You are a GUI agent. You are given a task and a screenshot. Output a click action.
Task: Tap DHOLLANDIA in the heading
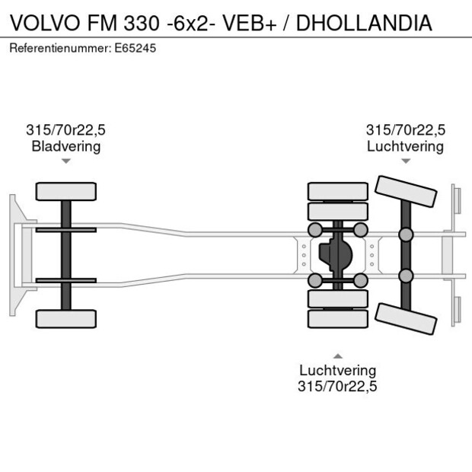click(363, 22)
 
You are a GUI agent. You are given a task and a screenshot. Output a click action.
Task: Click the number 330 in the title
click(140, 22)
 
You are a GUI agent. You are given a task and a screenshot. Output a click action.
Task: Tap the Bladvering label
click(66, 146)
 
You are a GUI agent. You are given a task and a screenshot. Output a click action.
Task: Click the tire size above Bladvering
click(66, 130)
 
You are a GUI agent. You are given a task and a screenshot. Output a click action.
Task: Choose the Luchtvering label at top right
click(405, 146)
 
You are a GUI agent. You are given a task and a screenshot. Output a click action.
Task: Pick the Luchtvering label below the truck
click(337, 371)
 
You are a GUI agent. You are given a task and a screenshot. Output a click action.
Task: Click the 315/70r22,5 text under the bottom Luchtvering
click(337, 387)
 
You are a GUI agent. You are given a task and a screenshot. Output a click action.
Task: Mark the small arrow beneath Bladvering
click(66, 161)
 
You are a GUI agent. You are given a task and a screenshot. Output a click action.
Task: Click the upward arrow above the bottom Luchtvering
click(337, 356)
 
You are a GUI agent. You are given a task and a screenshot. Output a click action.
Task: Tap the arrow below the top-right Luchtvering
click(405, 161)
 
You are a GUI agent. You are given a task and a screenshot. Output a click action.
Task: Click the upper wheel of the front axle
click(66, 191)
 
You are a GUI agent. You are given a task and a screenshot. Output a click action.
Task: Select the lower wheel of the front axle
click(66, 318)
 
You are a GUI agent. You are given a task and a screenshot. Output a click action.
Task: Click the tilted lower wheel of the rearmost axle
click(407, 319)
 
